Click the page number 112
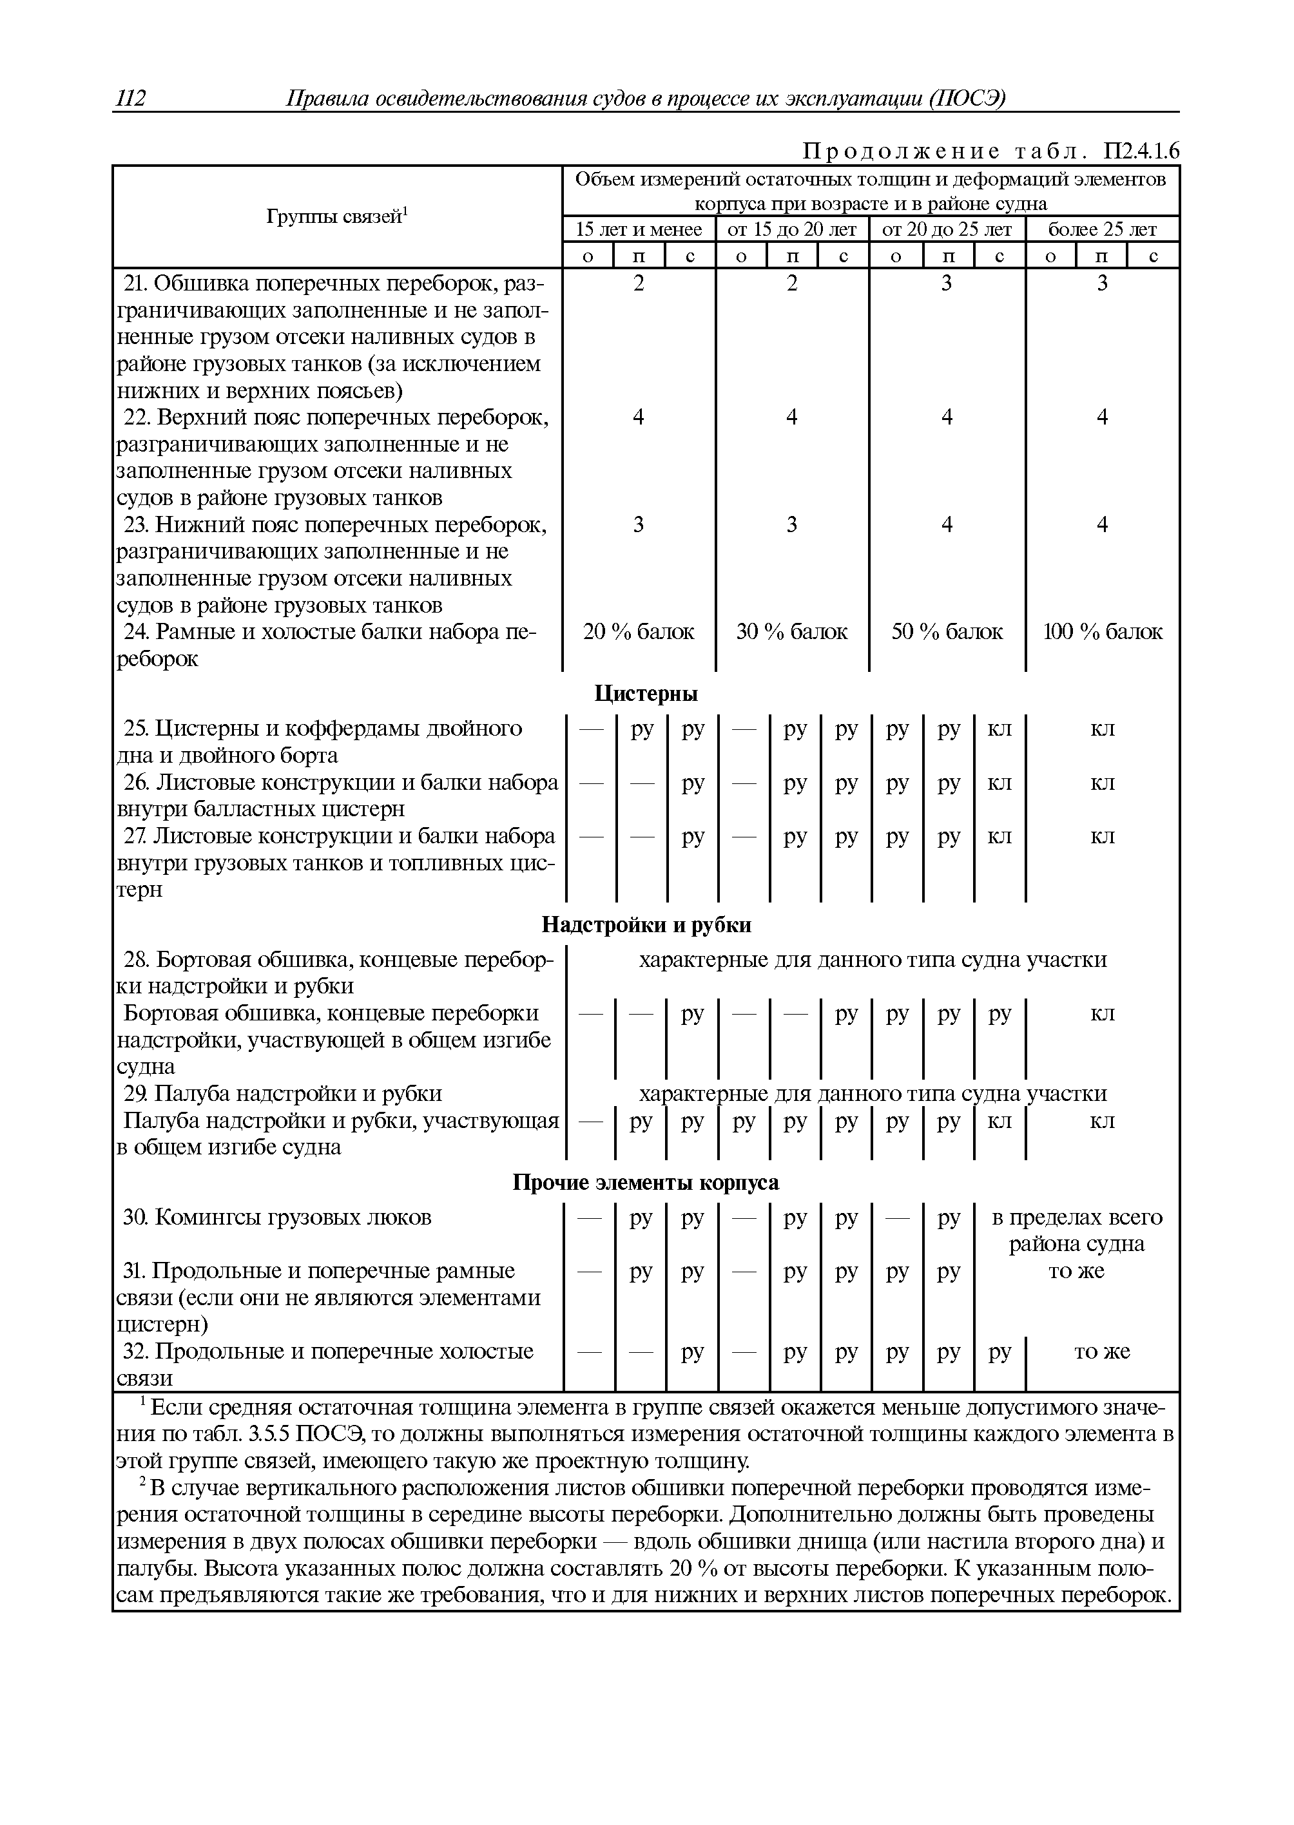(131, 98)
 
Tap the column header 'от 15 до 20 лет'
(791, 229)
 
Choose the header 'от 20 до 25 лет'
(947, 229)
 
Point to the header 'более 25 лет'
(1102, 229)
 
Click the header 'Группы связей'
(336, 216)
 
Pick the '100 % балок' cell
(1103, 632)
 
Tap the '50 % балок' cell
(947, 632)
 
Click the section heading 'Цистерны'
(646, 694)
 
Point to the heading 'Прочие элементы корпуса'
(646, 1182)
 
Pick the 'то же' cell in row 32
(1102, 1351)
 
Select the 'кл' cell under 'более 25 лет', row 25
(1102, 729)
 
